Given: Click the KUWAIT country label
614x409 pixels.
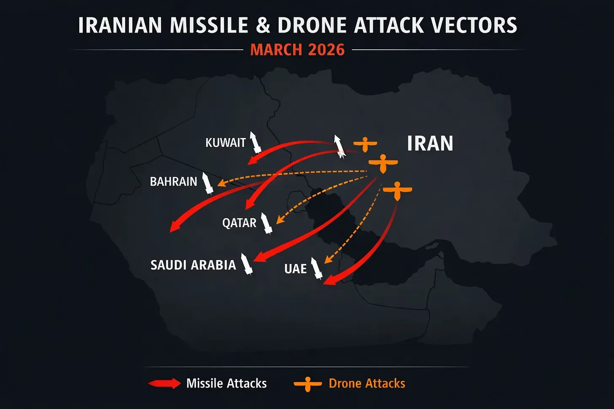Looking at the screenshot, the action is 225,143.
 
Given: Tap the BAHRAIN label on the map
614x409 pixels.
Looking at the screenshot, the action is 173,182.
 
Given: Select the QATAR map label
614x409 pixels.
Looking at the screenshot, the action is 239,223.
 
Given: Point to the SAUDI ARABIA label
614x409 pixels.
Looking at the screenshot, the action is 193,265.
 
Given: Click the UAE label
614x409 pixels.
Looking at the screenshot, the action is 295,269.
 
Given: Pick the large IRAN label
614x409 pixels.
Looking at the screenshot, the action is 430,144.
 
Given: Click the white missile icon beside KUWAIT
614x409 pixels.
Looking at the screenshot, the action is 255,142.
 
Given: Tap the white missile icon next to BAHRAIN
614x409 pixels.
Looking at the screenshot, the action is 207,183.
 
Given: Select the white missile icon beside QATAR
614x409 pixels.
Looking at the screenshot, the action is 266,223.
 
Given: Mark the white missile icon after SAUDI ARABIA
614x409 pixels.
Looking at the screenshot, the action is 246,264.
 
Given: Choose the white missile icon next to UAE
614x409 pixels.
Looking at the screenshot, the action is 316,268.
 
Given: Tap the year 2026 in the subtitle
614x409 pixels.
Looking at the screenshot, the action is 326,50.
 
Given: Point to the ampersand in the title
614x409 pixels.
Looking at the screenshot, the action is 263,25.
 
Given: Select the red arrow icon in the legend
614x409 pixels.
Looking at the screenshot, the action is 164,383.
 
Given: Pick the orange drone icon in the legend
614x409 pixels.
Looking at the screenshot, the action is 308,384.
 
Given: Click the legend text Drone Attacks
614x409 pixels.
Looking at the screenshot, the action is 367,383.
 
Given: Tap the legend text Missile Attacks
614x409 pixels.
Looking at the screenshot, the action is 226,383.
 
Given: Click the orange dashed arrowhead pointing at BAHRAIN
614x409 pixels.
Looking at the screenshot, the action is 221,183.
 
